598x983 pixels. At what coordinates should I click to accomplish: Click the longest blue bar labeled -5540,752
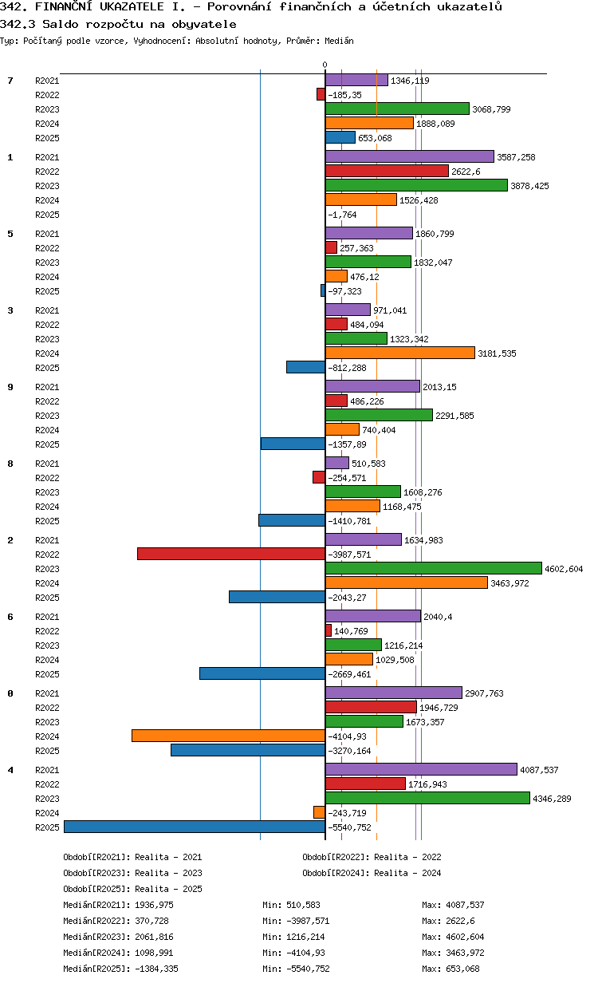click(x=195, y=827)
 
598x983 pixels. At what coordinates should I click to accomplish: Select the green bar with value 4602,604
click(x=434, y=568)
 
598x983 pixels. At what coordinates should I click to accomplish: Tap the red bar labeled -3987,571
click(x=231, y=554)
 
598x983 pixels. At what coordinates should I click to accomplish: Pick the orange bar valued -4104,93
click(x=228, y=736)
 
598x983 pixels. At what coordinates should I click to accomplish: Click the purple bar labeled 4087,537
click(x=421, y=769)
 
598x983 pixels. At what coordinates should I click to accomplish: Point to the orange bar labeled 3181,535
click(x=400, y=353)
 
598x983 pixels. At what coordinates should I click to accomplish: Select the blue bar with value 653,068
click(x=340, y=137)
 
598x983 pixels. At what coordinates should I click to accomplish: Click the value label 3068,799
click(x=491, y=109)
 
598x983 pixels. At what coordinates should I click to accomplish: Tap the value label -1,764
click(x=342, y=215)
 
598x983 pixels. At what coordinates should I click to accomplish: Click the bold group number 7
click(x=10, y=81)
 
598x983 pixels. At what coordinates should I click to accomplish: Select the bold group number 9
click(x=10, y=387)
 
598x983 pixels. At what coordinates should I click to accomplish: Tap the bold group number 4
click(x=10, y=770)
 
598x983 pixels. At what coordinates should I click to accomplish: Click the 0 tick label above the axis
click(x=325, y=65)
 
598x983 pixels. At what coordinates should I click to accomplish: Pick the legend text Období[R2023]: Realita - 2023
click(x=132, y=873)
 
